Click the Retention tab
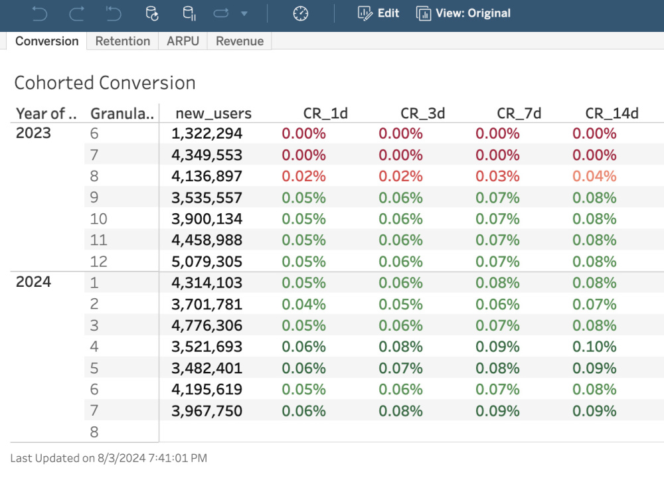(x=122, y=41)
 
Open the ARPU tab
(x=183, y=41)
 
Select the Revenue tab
(x=240, y=41)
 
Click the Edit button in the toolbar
(x=378, y=13)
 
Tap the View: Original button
(x=463, y=13)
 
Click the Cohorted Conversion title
(x=105, y=83)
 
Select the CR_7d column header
(x=519, y=114)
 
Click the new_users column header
(x=213, y=114)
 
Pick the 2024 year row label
(x=33, y=282)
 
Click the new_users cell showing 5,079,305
(x=207, y=262)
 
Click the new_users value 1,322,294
(x=207, y=134)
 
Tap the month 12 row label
(x=98, y=262)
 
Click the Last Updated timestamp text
(x=109, y=458)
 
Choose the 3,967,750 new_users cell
(x=207, y=411)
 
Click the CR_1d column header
(x=325, y=114)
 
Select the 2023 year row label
(x=33, y=133)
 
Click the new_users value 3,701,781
(x=207, y=305)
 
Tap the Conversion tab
(x=46, y=41)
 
